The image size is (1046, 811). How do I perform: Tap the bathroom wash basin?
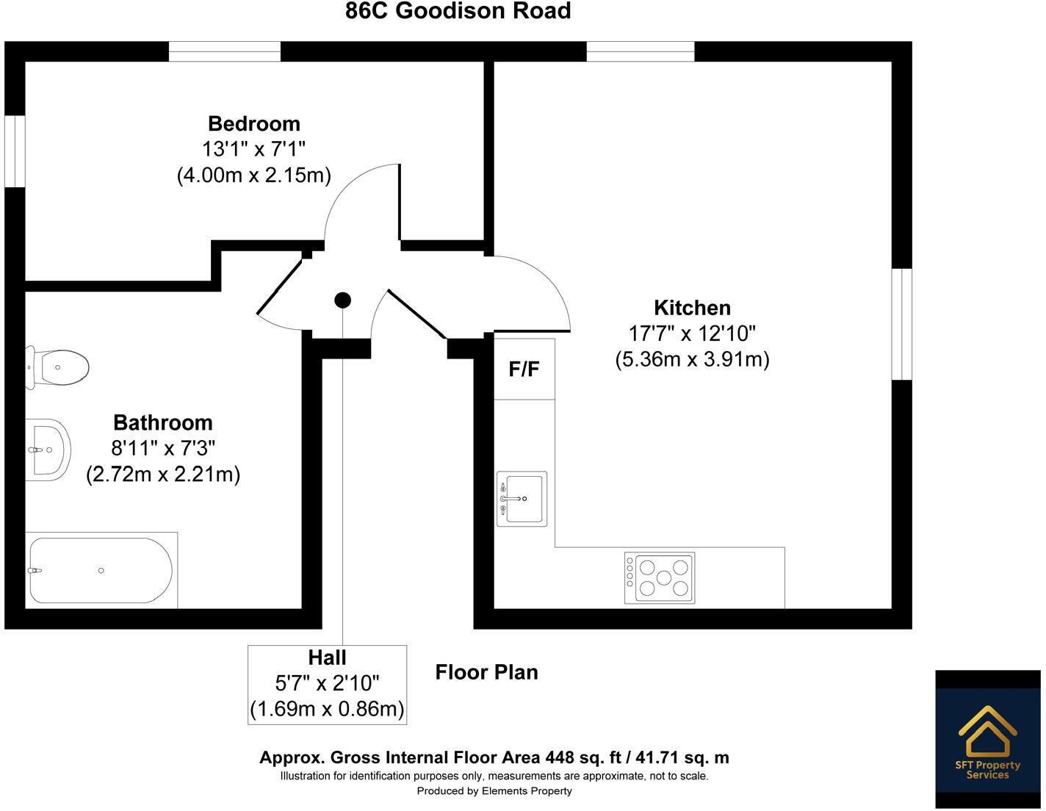(x=48, y=450)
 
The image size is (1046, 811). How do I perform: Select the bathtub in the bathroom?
(x=101, y=571)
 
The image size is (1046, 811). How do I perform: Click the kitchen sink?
(x=522, y=499)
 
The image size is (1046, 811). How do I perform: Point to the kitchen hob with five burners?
(x=660, y=577)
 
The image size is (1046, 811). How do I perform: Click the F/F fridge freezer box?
(x=524, y=369)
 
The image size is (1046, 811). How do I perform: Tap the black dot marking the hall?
(x=342, y=300)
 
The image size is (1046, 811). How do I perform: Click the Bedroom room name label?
(x=253, y=123)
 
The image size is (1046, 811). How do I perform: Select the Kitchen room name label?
(x=692, y=307)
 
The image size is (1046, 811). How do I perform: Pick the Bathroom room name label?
(x=162, y=422)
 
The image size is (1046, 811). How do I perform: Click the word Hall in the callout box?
(x=327, y=657)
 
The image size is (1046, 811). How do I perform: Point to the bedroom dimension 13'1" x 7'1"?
(x=253, y=149)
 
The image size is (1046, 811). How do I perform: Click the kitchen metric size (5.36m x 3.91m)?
(x=692, y=360)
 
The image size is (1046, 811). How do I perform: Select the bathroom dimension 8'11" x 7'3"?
(x=162, y=448)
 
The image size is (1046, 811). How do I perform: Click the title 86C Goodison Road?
(x=458, y=11)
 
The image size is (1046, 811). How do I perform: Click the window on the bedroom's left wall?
(x=15, y=151)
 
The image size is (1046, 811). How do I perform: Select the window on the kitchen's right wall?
(x=901, y=324)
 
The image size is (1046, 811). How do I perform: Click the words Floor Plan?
(x=486, y=672)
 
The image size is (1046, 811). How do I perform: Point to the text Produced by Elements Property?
(x=494, y=791)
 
